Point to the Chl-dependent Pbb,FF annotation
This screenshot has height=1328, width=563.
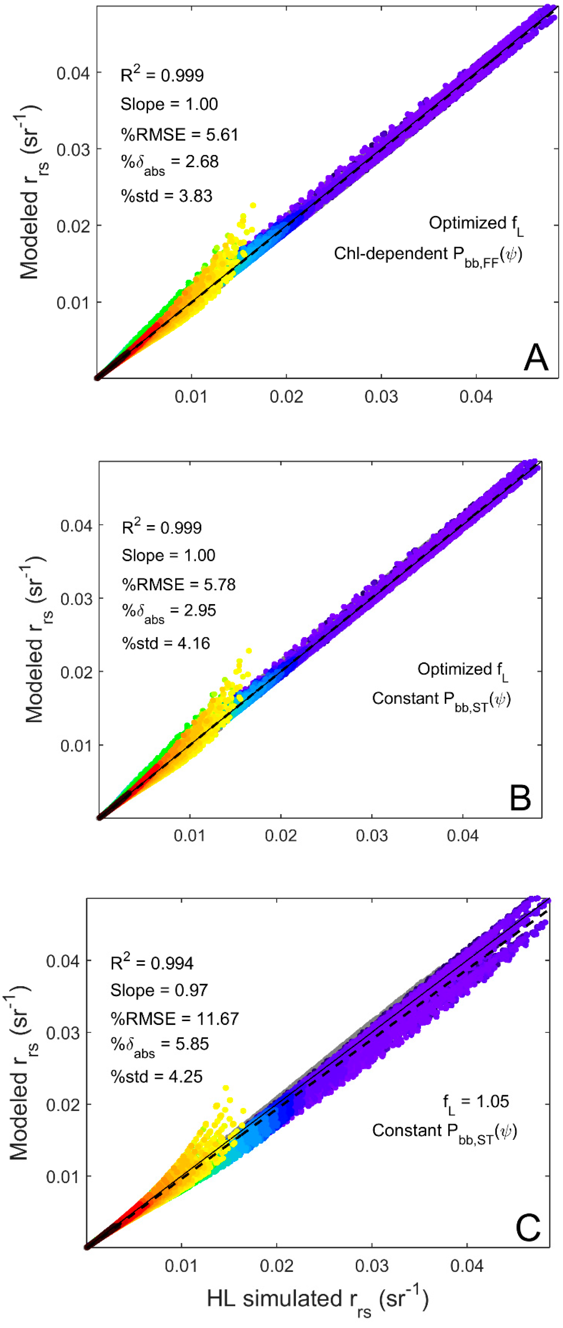pyautogui.click(x=428, y=255)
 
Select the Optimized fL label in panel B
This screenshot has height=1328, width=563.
pyautogui.click(x=462, y=670)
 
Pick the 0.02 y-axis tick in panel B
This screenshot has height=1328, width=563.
pyautogui.click(x=76, y=672)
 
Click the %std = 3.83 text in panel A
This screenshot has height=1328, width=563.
pyautogui.click(x=166, y=196)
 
